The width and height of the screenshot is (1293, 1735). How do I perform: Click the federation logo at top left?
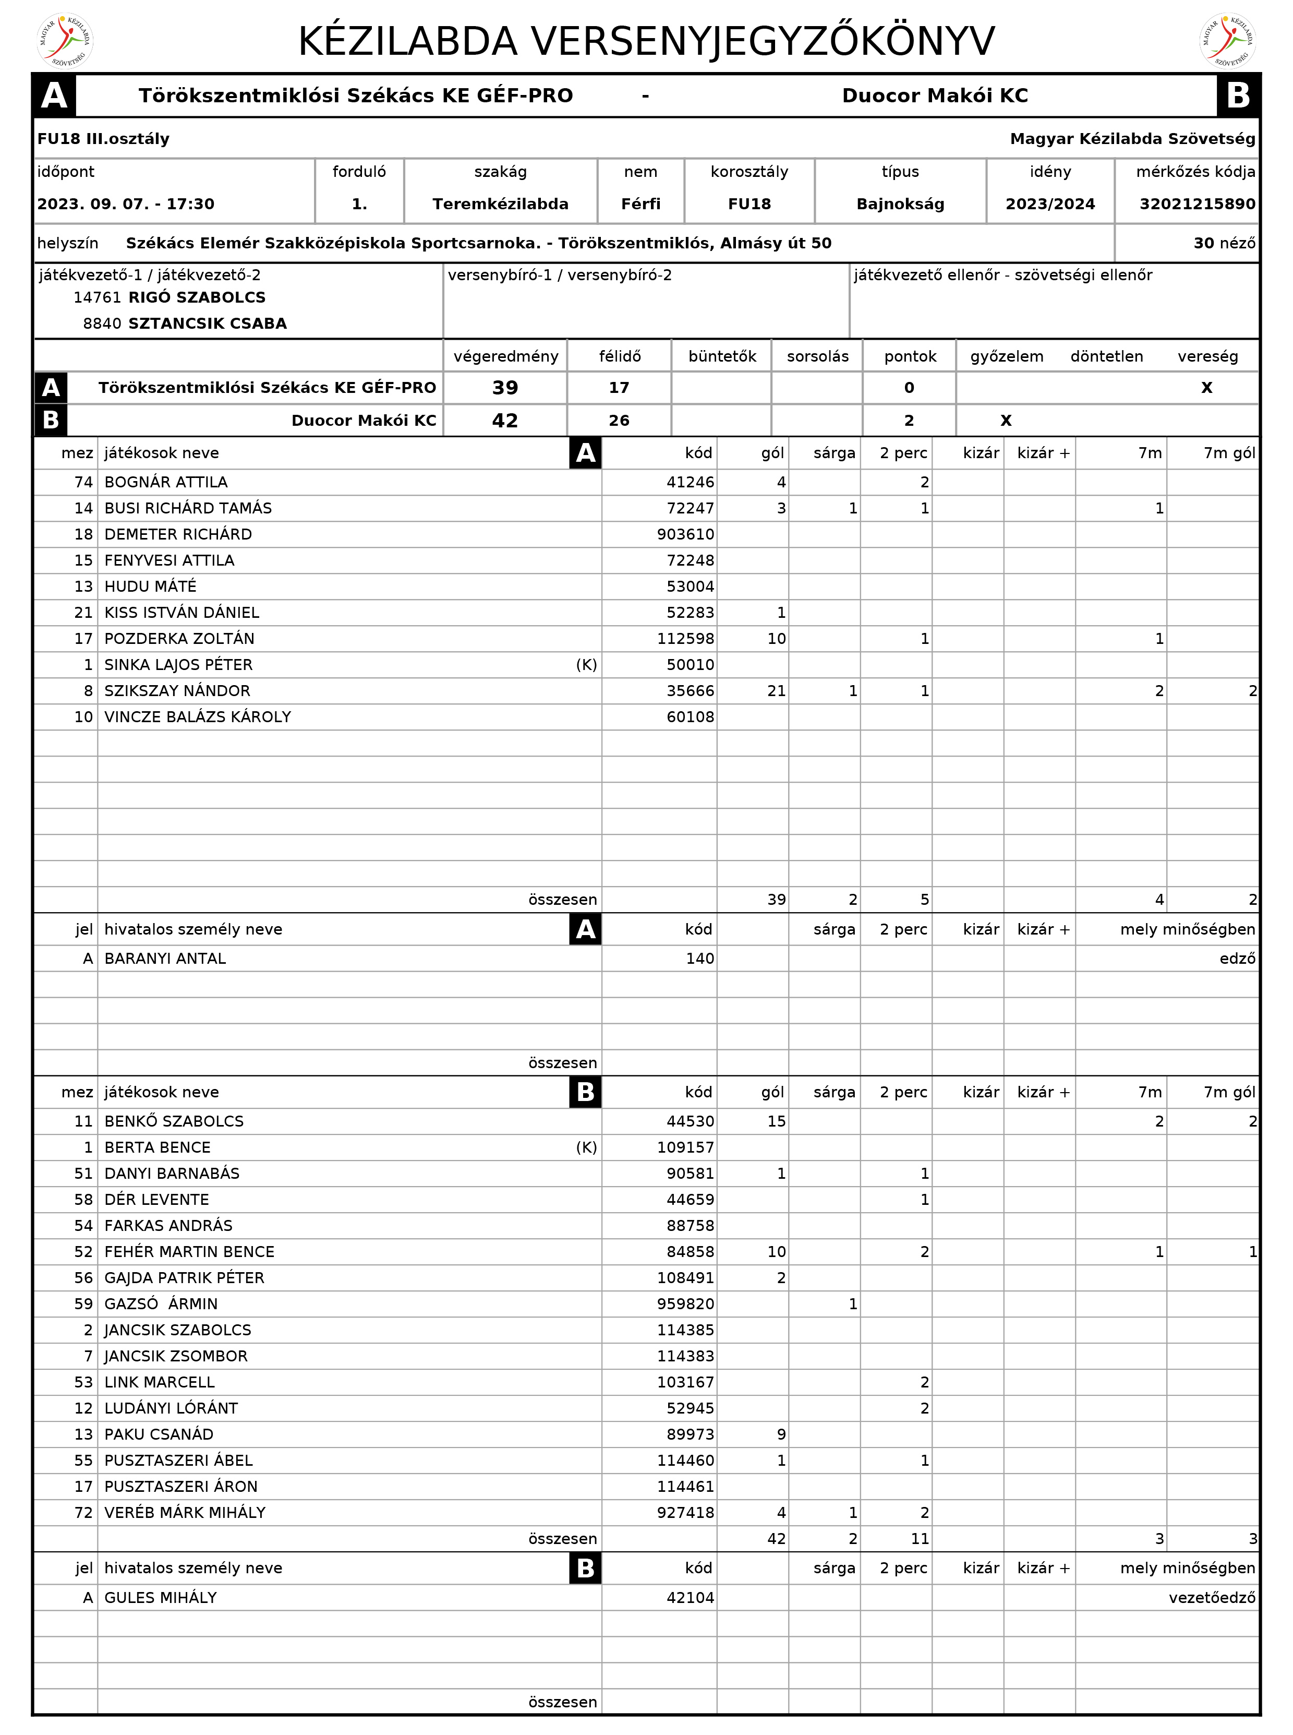(66, 41)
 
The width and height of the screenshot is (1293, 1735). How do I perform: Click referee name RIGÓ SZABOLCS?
(197, 297)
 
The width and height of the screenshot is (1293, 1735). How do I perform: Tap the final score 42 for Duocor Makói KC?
(505, 421)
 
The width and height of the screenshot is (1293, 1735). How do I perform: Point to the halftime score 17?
(619, 388)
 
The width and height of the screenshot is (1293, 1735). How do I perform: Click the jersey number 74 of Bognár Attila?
(83, 482)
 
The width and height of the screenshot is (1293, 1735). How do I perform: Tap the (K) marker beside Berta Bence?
(586, 1147)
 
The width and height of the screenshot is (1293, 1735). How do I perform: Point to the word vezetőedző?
(1212, 1597)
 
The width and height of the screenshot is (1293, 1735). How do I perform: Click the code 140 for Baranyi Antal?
(700, 959)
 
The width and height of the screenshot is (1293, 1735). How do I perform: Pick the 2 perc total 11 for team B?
(920, 1538)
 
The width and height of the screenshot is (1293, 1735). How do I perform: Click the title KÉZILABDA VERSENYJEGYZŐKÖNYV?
(647, 42)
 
